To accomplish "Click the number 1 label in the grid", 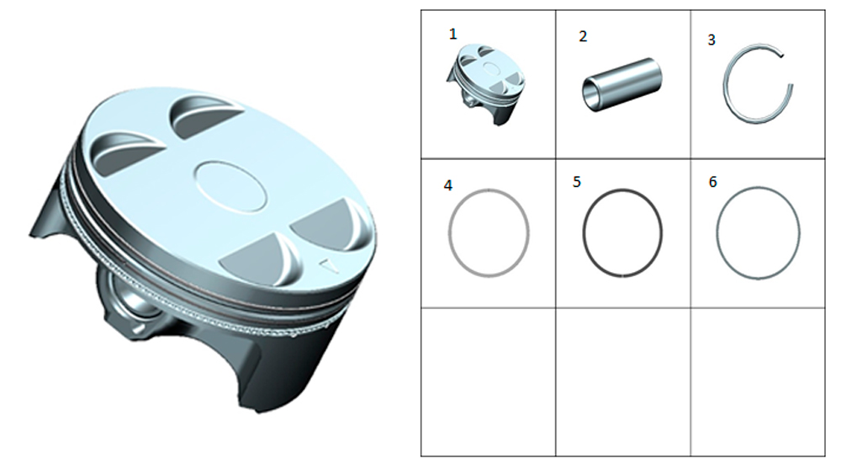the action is (x=452, y=35).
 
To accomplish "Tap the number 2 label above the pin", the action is (x=583, y=36).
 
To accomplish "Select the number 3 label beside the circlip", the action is (x=711, y=40).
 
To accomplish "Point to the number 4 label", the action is (x=448, y=185).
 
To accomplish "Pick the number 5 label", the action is (x=577, y=182).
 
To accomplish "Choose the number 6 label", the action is (x=712, y=182).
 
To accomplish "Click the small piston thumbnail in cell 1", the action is (x=486, y=84).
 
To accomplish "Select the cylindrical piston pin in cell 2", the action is (x=622, y=84).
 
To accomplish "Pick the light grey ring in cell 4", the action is (x=449, y=232).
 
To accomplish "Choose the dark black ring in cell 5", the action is (x=584, y=232).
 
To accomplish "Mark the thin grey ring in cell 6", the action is (x=717, y=232).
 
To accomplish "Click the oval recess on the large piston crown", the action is (x=230, y=185).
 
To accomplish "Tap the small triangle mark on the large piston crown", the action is (x=328, y=266).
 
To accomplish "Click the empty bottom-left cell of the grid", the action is (x=488, y=381).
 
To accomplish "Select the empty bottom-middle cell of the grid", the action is (x=622, y=381).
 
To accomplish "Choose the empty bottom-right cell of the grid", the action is (x=758, y=381).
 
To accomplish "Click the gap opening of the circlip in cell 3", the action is (x=787, y=70).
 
